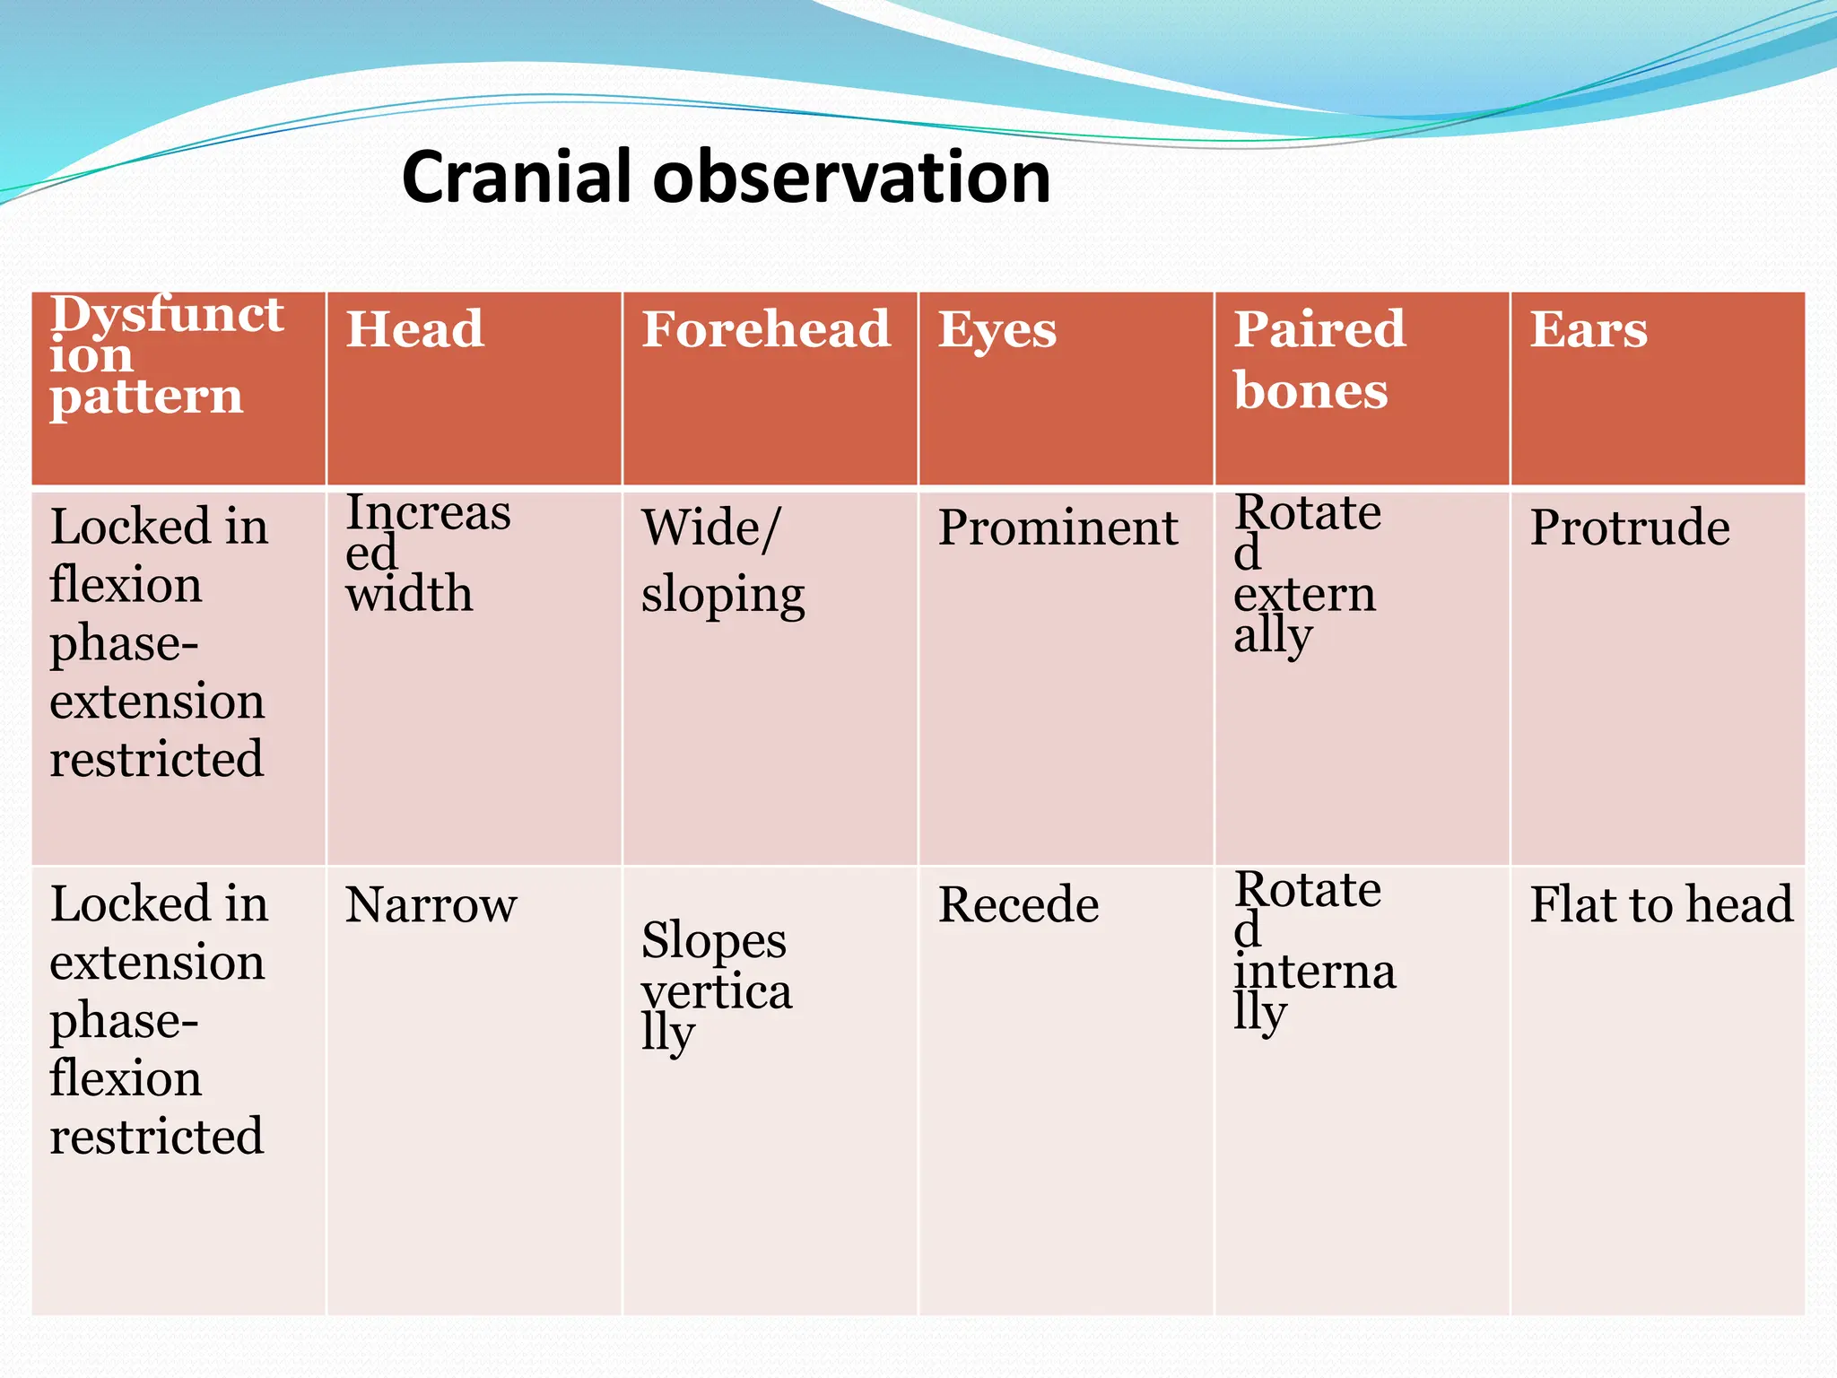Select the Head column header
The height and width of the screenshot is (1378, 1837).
pyautogui.click(x=414, y=329)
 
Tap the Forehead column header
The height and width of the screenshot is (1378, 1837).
pyautogui.click(x=765, y=329)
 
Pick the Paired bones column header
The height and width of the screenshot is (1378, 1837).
pyautogui.click(x=1319, y=359)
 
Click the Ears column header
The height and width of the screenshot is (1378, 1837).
pyautogui.click(x=1588, y=329)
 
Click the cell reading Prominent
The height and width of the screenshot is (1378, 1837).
pyautogui.click(x=1058, y=528)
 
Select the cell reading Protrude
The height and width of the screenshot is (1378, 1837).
pyautogui.click(x=1629, y=528)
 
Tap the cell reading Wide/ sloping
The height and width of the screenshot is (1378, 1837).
pyautogui.click(x=722, y=561)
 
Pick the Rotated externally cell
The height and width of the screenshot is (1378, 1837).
pyautogui.click(x=1305, y=574)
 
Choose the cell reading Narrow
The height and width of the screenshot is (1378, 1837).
pyautogui.click(x=431, y=905)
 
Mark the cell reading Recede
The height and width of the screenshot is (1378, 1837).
pyautogui.click(x=1018, y=905)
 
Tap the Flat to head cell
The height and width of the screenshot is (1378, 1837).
pyautogui.click(x=1660, y=905)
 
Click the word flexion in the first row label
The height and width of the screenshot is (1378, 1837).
pyautogui.click(x=126, y=586)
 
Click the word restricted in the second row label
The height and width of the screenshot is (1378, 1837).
pyautogui.click(x=157, y=1138)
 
